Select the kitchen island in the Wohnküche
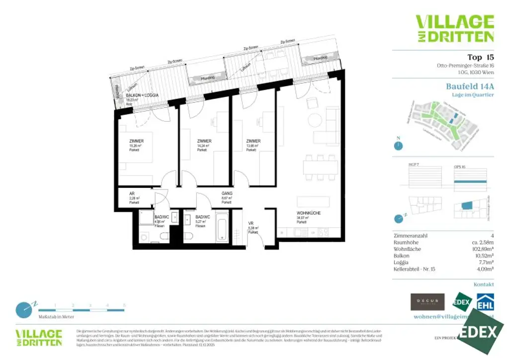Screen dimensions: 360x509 (314, 201)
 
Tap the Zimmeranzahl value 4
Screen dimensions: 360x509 (492, 235)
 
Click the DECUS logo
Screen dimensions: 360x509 (427, 301)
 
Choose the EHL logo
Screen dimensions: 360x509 (485, 302)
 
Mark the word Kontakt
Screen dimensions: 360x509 (484, 284)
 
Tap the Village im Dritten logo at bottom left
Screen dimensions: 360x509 (39, 337)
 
